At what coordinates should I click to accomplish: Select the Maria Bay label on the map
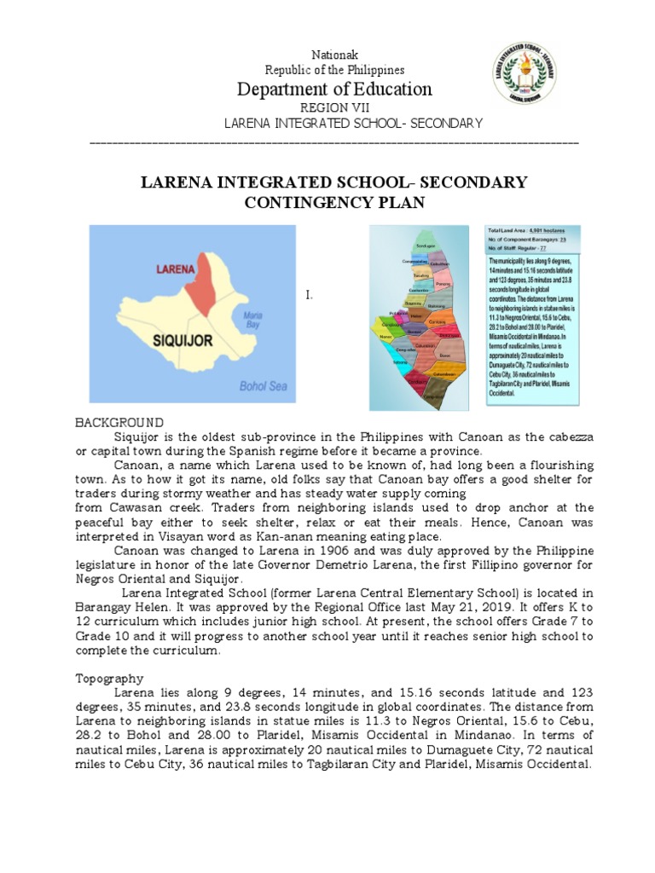click(x=252, y=321)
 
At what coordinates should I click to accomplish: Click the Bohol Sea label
click(x=263, y=386)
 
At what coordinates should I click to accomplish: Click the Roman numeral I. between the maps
click(x=310, y=296)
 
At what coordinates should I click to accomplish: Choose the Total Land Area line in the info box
click(x=520, y=231)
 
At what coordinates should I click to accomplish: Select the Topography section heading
click(x=110, y=679)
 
